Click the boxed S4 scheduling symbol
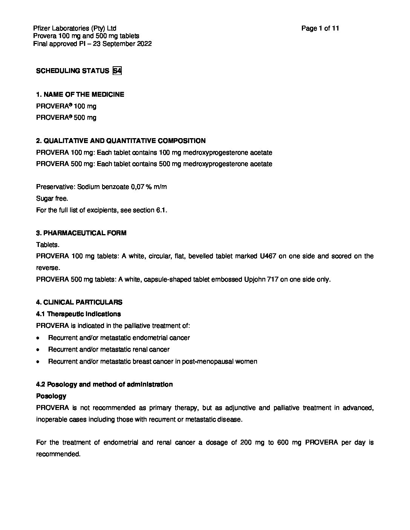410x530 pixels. click(117, 71)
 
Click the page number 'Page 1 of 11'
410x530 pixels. click(320, 28)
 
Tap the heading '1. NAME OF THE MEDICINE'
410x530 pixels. click(80, 94)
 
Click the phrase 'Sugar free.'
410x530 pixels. click(52, 198)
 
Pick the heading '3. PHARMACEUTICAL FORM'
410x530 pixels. click(81, 233)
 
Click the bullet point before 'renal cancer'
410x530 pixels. click(38, 350)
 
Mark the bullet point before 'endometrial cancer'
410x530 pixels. click(38, 338)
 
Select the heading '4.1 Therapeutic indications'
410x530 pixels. click(78, 314)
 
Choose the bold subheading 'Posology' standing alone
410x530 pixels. click(51, 396)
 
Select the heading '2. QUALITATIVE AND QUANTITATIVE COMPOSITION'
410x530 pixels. click(121, 141)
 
